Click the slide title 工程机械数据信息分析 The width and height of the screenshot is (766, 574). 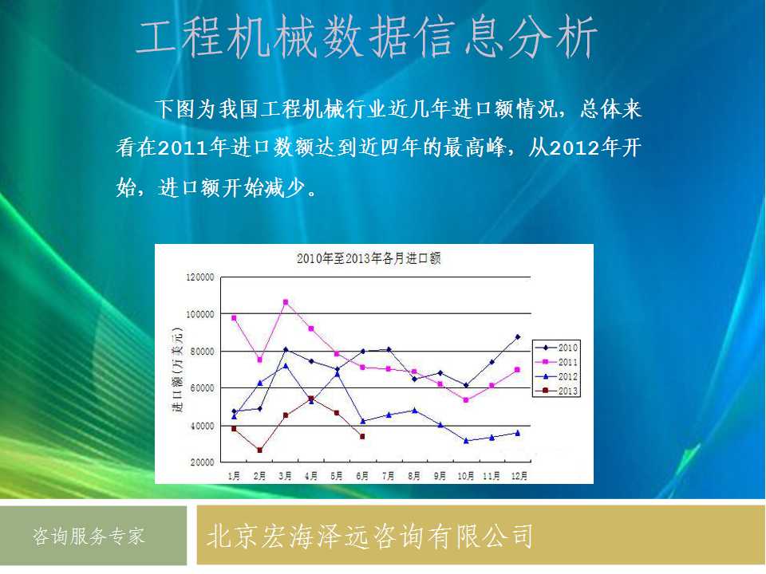coord(366,37)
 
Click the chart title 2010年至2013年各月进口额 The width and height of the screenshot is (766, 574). coord(369,258)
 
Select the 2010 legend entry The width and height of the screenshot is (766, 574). coord(556,348)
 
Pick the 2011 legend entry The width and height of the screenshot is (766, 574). coord(556,362)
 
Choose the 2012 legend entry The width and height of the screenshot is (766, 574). coord(556,376)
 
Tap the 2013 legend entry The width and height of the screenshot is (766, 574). coord(556,391)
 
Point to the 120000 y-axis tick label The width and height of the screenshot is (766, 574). coord(200,277)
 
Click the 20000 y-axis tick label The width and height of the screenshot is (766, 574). coord(202,462)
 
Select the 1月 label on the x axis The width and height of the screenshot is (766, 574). coord(234,475)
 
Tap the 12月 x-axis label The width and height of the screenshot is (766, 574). coord(519,475)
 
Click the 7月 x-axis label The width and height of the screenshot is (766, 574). coord(389,475)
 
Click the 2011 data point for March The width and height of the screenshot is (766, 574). coord(286,302)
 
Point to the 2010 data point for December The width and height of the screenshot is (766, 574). coord(518,336)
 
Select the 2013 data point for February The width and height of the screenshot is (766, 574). coord(259,450)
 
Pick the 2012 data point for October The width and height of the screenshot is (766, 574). coord(466,441)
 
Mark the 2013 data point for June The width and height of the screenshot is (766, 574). coord(362,436)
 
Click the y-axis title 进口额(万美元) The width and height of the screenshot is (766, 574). coord(177,369)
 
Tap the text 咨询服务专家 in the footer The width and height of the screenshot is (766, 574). coord(89,536)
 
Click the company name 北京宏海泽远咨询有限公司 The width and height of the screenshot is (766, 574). coord(369,536)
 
